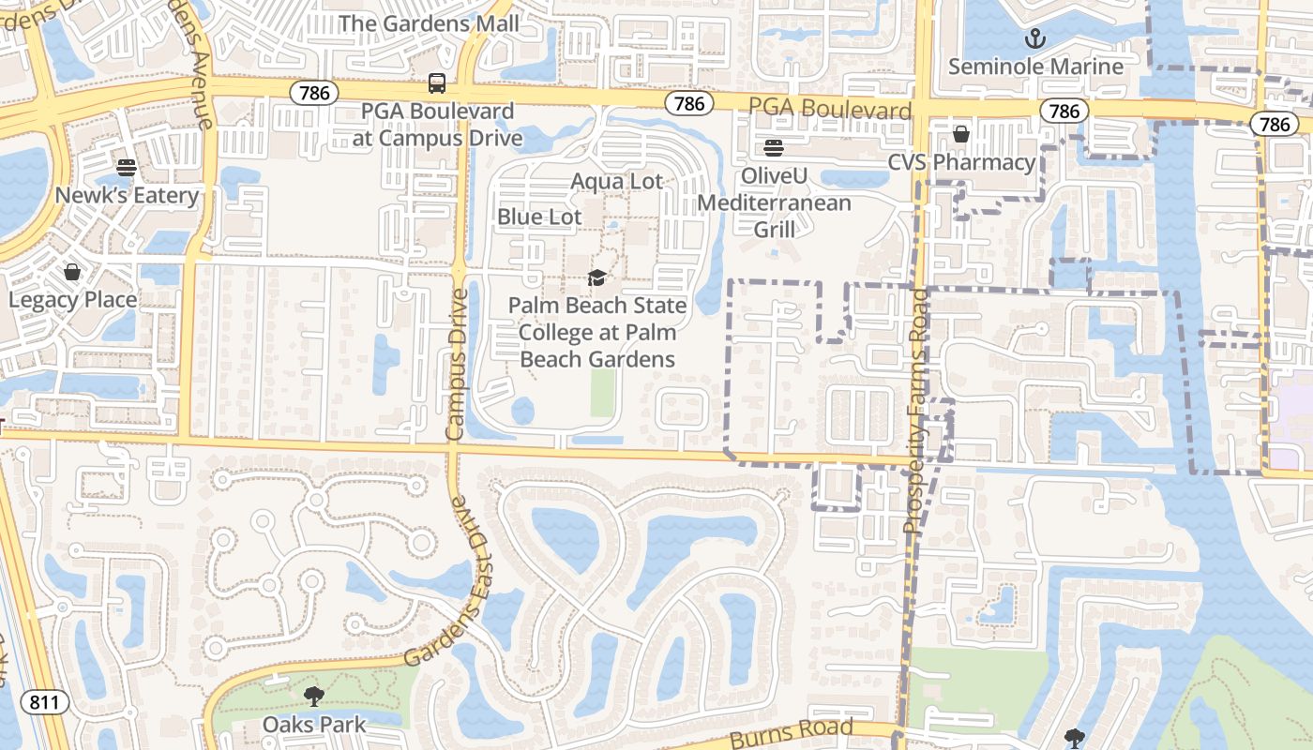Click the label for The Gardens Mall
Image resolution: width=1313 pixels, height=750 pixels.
tap(429, 22)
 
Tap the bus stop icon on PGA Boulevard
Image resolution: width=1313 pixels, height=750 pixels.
tap(437, 82)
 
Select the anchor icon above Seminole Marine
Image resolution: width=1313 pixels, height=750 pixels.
tap(1034, 38)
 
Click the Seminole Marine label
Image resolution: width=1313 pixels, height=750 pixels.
tap(1035, 67)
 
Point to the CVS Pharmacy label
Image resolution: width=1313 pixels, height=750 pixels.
tap(961, 162)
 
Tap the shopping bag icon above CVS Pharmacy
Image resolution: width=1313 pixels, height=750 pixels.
tap(960, 134)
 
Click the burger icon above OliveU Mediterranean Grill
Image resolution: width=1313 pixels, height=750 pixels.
tap(774, 147)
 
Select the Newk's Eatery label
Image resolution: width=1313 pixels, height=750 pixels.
tap(128, 195)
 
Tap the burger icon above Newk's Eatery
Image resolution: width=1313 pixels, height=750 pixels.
tap(128, 167)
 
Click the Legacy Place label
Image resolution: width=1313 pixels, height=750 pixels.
tap(73, 300)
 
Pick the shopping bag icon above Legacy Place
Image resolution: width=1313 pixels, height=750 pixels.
tap(72, 272)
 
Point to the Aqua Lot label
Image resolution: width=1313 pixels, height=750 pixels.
tap(617, 181)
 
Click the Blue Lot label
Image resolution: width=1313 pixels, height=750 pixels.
tap(539, 217)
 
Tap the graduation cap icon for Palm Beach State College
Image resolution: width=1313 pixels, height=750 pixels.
tap(596, 277)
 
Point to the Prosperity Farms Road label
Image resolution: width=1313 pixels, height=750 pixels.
tap(916, 412)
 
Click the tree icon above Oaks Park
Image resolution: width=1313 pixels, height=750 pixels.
tap(313, 696)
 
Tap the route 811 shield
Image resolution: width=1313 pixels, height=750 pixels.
tap(45, 701)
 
